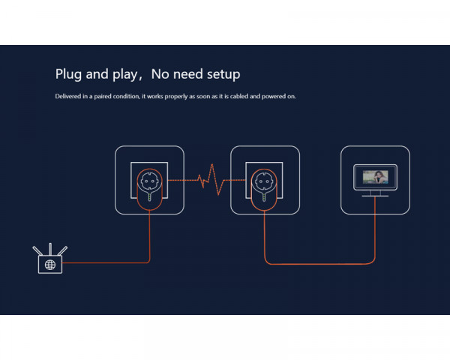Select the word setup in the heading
[x=223, y=74]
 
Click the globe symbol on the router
[x=50, y=264]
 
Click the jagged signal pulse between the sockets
[x=208, y=180]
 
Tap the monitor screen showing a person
[x=375, y=178]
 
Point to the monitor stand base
[x=375, y=195]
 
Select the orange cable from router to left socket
[x=112, y=263]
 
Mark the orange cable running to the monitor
[x=322, y=263]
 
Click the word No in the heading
[x=160, y=74]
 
